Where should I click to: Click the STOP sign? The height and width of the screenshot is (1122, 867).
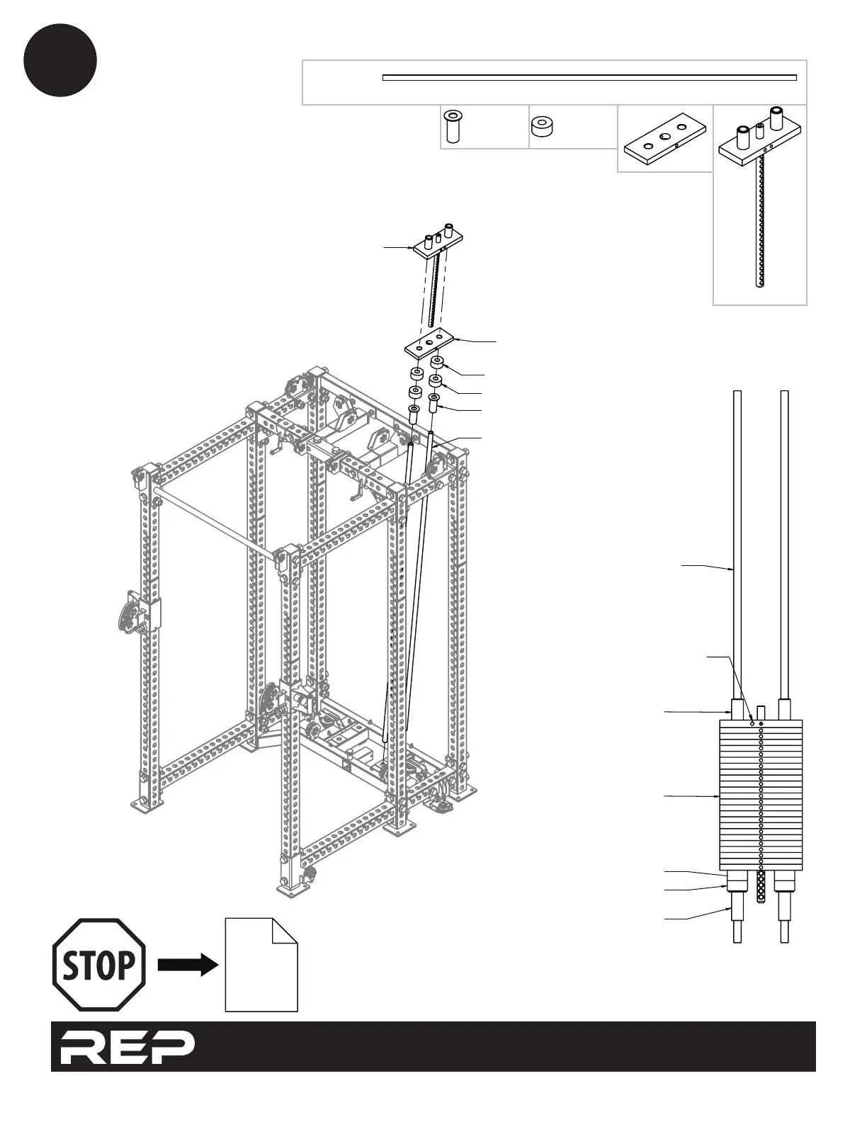click(x=99, y=965)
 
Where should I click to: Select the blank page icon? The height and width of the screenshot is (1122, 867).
click(x=260, y=967)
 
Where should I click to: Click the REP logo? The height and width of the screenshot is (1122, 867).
click(x=127, y=1046)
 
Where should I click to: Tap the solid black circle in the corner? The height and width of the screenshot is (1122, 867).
click(x=60, y=59)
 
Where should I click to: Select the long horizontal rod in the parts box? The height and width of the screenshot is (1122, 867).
click(x=589, y=77)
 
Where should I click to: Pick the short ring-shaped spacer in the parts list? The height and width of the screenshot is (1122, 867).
click(x=543, y=127)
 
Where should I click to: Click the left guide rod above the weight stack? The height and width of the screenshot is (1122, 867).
click(x=737, y=545)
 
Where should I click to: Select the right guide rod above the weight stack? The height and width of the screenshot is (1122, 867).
click(x=784, y=545)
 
